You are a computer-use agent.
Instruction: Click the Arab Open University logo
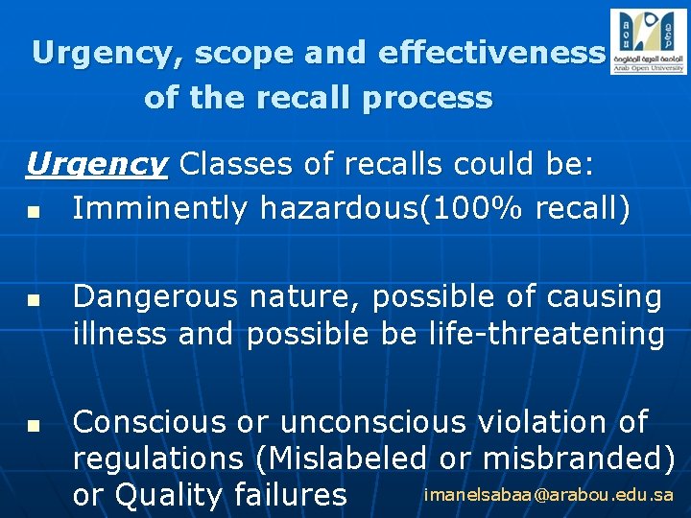pyautogui.click(x=649, y=41)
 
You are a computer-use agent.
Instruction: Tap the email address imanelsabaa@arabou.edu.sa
pyautogui.click(x=549, y=495)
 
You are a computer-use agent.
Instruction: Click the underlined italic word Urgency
pyautogui.click(x=97, y=165)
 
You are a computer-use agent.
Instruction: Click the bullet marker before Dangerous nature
pyautogui.click(x=34, y=301)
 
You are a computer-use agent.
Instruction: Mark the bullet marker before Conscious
pyautogui.click(x=34, y=424)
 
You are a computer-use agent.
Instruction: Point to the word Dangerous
pyautogui.click(x=155, y=298)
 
